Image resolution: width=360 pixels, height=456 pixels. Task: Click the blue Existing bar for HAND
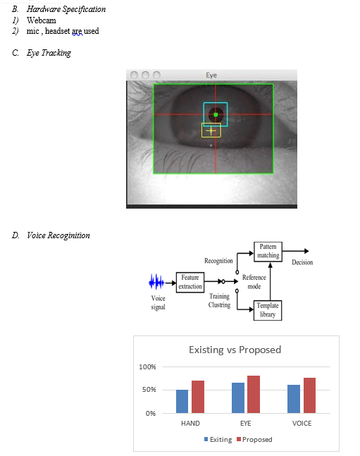182,401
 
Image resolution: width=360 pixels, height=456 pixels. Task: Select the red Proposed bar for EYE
254,395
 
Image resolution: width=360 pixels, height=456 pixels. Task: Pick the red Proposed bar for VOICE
309,395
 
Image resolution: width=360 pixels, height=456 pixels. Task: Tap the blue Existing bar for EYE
238,398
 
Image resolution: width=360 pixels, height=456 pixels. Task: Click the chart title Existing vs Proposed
235,350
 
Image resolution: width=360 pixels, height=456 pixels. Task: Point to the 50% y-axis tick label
149,390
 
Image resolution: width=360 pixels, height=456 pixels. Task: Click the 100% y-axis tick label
147,367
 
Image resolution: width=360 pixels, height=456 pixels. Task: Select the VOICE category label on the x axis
302,424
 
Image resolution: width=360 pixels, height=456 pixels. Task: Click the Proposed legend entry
254,439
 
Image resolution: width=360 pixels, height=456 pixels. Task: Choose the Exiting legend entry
218,439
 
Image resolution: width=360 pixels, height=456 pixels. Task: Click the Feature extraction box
190,282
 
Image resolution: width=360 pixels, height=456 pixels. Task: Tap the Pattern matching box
268,252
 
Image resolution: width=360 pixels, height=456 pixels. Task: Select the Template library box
268,310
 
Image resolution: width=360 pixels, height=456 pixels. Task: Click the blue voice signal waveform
156,282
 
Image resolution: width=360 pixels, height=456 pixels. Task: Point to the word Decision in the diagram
302,262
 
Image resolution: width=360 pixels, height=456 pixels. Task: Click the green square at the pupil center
216,115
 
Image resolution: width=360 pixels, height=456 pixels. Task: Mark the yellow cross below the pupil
211,131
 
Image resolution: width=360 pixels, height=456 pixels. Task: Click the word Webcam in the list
42,20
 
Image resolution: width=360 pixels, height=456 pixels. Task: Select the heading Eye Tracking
49,53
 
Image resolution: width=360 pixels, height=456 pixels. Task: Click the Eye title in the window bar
211,75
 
